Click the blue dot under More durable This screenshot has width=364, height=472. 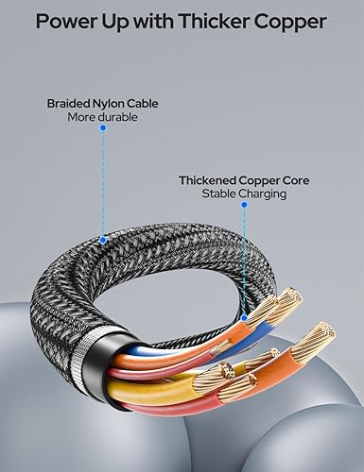(103, 128)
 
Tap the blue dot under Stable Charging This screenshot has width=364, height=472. (244, 205)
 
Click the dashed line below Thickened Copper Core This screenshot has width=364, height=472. (244, 255)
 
